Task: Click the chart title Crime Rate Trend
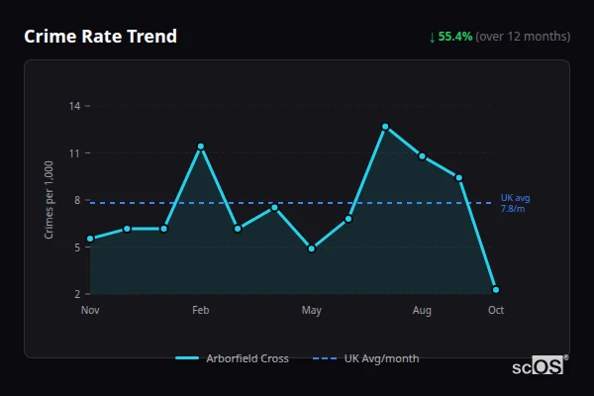100,37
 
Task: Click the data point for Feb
201,147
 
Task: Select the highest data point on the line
385,127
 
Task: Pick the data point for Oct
496,290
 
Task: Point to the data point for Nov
90,239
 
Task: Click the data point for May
312,248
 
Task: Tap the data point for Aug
422,156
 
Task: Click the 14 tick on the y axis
75,106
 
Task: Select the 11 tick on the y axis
75,153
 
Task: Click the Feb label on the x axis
201,311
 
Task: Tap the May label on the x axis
312,311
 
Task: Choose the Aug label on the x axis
422,311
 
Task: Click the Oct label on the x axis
496,311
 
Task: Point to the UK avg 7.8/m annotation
515,204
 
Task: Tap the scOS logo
539,365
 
